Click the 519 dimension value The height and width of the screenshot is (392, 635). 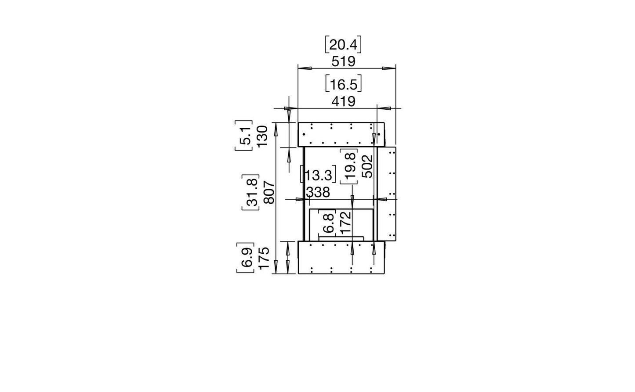pyautogui.click(x=343, y=61)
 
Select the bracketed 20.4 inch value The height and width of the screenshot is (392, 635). pyautogui.click(x=343, y=44)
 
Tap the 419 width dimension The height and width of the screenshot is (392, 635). pyautogui.click(x=343, y=101)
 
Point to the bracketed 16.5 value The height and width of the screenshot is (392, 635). pyautogui.click(x=343, y=83)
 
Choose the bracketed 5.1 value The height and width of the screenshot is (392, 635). pyautogui.click(x=244, y=135)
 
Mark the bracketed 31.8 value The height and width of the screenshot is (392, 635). pyautogui.click(x=250, y=192)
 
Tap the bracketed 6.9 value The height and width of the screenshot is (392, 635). pyautogui.click(x=245, y=258)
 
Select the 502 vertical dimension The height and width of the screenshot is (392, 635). pyautogui.click(x=368, y=166)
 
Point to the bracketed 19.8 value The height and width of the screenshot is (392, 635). pyautogui.click(x=349, y=166)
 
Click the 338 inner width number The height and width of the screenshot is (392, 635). pyautogui.click(x=318, y=193)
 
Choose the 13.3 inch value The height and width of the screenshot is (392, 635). pyautogui.click(x=318, y=174)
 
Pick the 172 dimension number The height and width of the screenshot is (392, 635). pyautogui.click(x=346, y=223)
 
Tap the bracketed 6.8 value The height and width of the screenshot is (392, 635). pyautogui.click(x=327, y=223)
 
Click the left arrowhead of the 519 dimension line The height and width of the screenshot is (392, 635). pyautogui.click(x=305, y=68)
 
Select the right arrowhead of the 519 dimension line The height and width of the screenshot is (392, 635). pyautogui.click(x=389, y=68)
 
